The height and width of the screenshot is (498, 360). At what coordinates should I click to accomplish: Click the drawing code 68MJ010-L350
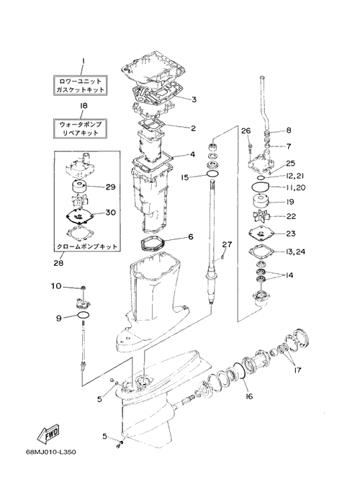pos(51,451)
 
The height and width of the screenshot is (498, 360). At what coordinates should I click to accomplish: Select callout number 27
pos(227,244)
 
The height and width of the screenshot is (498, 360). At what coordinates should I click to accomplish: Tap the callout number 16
pos(249,396)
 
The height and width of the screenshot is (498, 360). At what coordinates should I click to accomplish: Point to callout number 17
pos(297,370)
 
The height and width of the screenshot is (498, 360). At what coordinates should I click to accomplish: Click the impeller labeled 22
pos(259,217)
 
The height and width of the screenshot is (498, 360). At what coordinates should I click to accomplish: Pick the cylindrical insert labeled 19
pos(261,201)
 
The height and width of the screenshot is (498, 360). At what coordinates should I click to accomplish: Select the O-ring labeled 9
pos(83,314)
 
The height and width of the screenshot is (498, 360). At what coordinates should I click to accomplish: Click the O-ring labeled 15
pos(212,173)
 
